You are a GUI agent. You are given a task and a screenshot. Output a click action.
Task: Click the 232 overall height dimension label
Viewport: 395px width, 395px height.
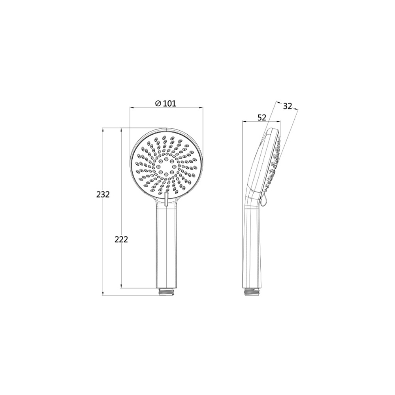[x=103, y=194]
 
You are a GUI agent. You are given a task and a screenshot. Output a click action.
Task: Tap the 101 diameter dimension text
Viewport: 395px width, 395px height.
[x=169, y=103]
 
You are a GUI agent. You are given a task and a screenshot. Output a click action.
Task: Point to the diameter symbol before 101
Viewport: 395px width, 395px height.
[x=158, y=103]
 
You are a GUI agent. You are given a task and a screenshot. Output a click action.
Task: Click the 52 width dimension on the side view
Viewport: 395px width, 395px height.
[x=261, y=117]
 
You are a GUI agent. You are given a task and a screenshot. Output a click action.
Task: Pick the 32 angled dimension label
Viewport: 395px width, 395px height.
[x=288, y=106]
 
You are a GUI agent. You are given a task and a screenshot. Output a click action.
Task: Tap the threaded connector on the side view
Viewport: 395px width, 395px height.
[x=252, y=292]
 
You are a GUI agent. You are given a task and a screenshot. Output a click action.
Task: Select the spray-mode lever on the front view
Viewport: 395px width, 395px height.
[x=166, y=199]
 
